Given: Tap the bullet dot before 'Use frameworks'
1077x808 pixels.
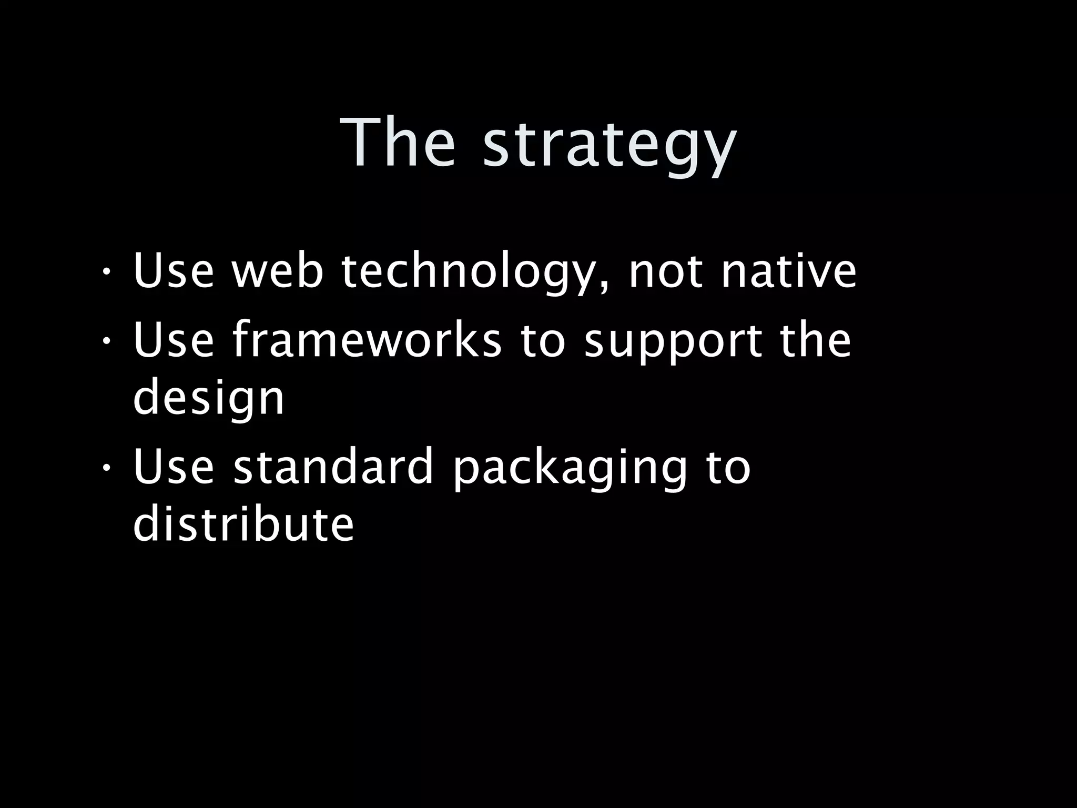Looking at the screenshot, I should tap(106, 342).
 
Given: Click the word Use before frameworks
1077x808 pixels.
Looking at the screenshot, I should tap(174, 340).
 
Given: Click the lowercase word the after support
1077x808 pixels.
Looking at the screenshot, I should tap(815, 340).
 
